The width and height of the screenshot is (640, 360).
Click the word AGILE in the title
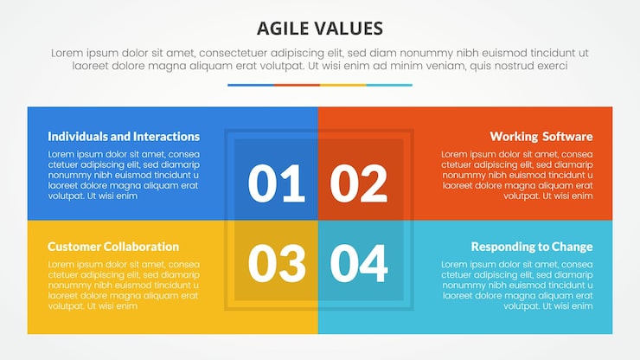point(287,28)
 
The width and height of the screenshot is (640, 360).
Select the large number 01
point(277,183)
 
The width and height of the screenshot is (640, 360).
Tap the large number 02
point(359,183)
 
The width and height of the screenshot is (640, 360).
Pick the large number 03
point(277,263)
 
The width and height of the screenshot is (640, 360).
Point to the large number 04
point(359,263)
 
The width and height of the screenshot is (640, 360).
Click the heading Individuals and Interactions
point(124,137)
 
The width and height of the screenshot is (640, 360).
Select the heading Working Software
point(541,137)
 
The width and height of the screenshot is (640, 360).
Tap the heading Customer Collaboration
point(113,247)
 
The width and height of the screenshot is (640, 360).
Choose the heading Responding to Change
point(531,247)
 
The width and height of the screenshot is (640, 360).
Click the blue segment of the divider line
point(250,85)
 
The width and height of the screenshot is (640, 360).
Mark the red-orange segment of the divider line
point(297,85)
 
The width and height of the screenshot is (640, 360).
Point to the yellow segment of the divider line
point(342,85)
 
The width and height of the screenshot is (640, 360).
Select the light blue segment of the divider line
point(389,85)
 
